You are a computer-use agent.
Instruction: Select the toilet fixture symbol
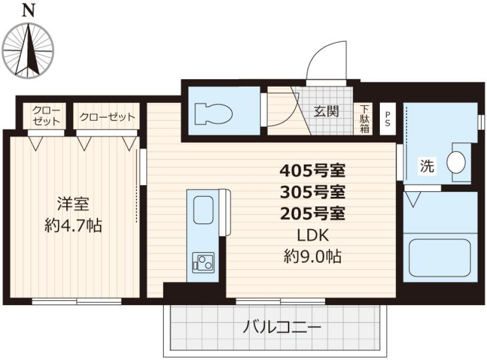(x=213, y=114)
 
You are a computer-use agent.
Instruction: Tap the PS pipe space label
(x=388, y=119)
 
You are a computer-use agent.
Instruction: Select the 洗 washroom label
(x=427, y=166)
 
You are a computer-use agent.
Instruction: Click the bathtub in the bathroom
(x=440, y=258)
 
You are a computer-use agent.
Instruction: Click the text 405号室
(x=312, y=170)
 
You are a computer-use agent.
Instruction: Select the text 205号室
(x=312, y=213)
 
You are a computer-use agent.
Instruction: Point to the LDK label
(x=312, y=235)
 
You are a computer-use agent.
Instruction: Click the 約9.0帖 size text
(x=312, y=257)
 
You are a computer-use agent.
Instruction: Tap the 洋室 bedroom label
(x=73, y=204)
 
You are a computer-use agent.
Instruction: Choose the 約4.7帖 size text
(x=73, y=225)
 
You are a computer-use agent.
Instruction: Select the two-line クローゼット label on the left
(x=46, y=116)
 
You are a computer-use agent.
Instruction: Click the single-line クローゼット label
(x=107, y=117)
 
